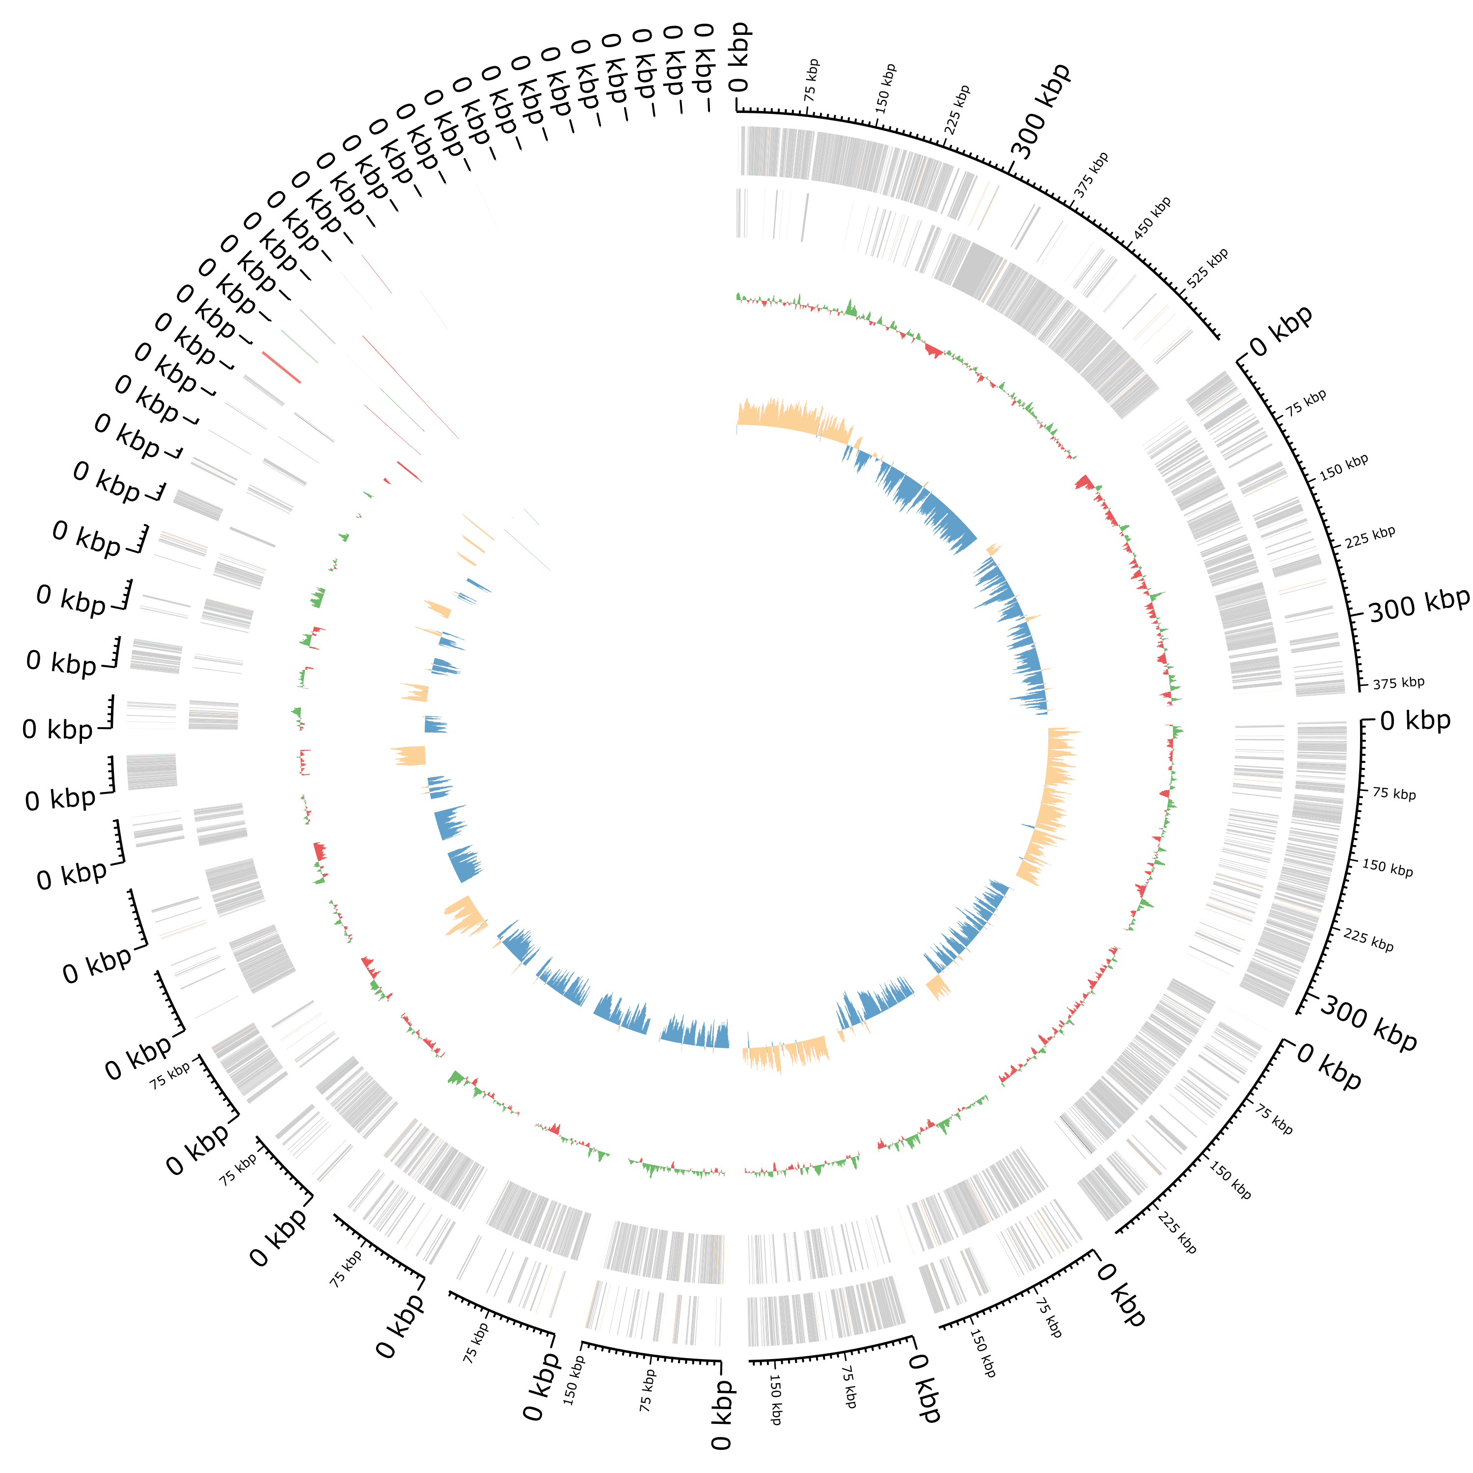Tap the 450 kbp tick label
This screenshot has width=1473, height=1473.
click(x=1151, y=218)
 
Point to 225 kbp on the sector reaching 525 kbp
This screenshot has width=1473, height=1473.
click(x=957, y=110)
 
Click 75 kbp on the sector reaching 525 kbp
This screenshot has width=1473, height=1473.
click(x=811, y=79)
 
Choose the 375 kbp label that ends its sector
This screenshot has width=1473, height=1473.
click(x=1398, y=682)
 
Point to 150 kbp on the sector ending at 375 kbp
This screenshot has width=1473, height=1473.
click(x=1343, y=466)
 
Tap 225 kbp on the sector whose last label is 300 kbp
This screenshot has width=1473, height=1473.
click(x=1368, y=940)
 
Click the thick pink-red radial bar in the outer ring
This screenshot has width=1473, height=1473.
click(x=280, y=367)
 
